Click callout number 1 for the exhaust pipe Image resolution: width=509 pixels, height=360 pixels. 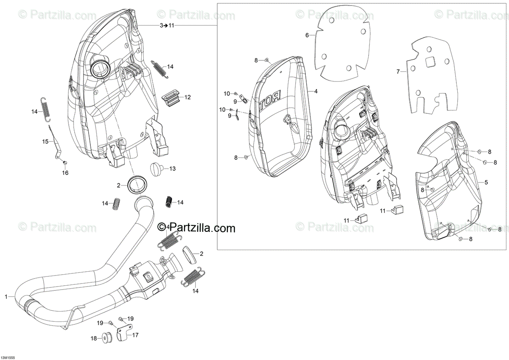click(6, 297)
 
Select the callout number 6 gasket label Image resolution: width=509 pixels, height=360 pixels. click(307, 35)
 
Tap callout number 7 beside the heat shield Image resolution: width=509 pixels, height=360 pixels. click(398, 72)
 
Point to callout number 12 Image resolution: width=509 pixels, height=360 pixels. click(187, 97)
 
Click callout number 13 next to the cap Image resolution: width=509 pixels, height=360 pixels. click(172, 169)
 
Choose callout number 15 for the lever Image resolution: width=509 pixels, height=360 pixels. click(45, 141)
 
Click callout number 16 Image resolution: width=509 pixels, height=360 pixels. click(65, 173)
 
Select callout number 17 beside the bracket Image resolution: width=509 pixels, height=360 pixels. click(135, 335)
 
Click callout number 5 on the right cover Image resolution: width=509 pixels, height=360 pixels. click(486, 182)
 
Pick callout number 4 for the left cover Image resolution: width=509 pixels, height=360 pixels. click(316, 91)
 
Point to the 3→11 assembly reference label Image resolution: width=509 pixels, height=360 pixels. click(167, 26)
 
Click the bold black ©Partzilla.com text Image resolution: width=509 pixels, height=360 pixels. click(196, 228)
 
